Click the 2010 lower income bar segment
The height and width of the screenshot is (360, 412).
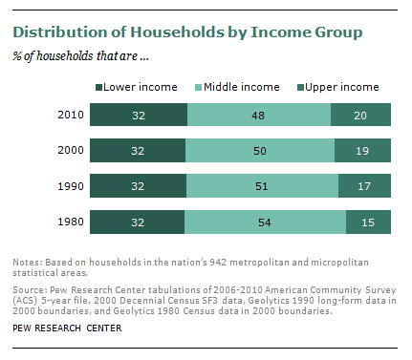[139, 115]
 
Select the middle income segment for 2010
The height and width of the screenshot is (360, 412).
[259, 115]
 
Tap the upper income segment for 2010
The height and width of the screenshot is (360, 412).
[360, 115]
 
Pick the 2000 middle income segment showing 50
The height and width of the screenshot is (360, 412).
[260, 150]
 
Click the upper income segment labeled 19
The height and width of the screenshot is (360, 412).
[362, 150]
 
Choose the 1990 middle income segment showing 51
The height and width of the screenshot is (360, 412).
[262, 185]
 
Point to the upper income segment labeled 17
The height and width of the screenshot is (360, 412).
[364, 185]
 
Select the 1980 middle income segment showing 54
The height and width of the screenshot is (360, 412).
[265, 222]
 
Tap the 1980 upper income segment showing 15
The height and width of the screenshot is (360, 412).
[368, 222]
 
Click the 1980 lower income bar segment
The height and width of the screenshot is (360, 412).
[137, 222]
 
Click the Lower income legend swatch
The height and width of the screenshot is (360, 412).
[98, 87]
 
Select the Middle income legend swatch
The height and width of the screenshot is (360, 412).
[198, 87]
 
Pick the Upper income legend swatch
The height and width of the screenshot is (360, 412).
[300, 87]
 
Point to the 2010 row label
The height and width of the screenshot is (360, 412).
[71, 115]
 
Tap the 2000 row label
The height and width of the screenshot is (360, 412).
[71, 150]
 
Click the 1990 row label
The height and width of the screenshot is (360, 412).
[71, 186]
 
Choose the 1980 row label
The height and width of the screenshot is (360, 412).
[71, 222]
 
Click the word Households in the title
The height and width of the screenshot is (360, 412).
[177, 32]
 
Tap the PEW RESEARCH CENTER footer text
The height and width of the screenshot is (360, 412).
[67, 328]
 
